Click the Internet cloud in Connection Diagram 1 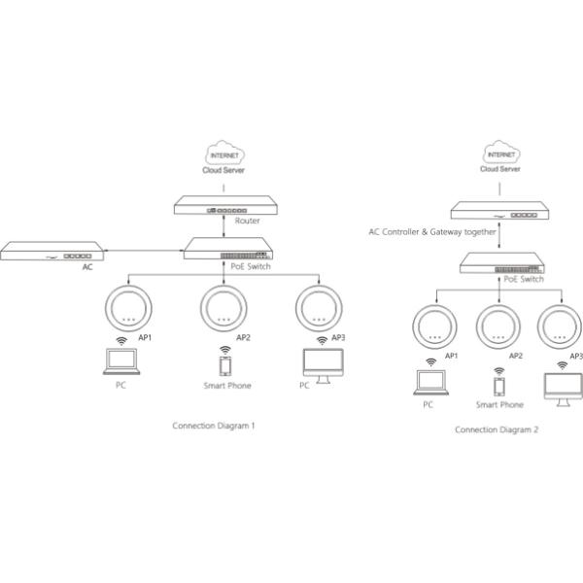coord(224,153)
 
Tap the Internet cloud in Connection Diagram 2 coord(501,152)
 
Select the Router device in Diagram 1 coord(225,205)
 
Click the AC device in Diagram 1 coord(52,251)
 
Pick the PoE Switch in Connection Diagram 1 coord(228,249)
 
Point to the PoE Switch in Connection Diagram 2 coord(501,263)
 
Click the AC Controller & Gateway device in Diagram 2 coord(499,211)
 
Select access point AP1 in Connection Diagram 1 coord(128,308)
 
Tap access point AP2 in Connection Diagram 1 coord(223,308)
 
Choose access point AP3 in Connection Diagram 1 coord(319,308)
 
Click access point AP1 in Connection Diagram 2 coord(434,326)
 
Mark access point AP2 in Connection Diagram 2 coord(498,326)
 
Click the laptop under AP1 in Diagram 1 coord(121,361)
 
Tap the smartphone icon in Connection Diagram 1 coord(225,366)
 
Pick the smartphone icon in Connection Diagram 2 coord(499,387)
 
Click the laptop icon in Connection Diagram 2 coord(430,382)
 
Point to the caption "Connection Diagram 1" coord(214,426)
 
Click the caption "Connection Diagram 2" coord(497,429)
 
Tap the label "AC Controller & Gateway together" coord(432,232)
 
